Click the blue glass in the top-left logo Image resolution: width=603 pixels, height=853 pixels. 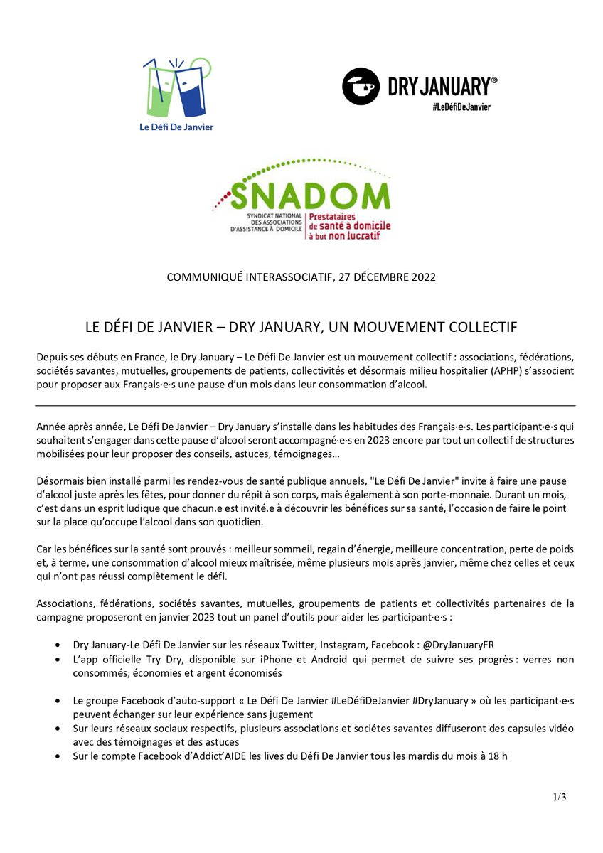click(x=191, y=92)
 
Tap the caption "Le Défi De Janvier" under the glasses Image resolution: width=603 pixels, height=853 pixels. click(x=178, y=127)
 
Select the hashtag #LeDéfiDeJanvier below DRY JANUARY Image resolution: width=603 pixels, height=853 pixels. click(x=461, y=107)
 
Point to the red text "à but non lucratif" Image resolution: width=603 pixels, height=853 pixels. click(x=343, y=235)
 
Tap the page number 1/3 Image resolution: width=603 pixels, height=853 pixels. click(x=560, y=797)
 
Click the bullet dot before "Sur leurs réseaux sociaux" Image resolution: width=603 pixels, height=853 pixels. click(x=58, y=729)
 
